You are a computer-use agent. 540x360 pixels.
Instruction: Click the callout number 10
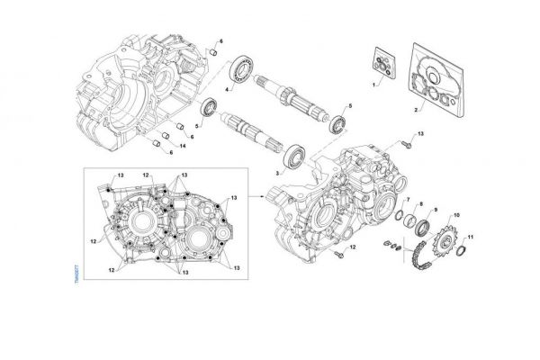point(457,215)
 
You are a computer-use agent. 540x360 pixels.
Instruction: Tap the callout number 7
point(406,198)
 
